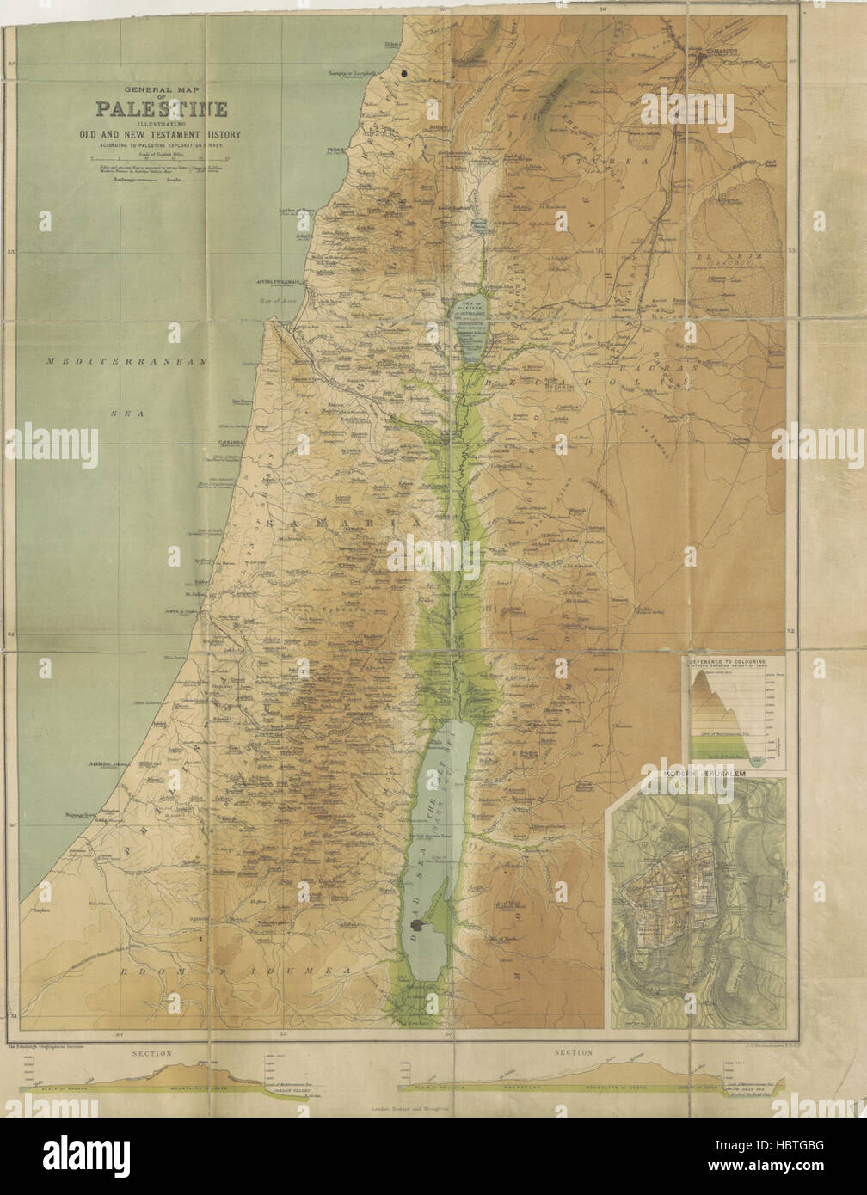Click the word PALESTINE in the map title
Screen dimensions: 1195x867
(162, 109)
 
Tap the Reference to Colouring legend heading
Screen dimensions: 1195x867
(732, 663)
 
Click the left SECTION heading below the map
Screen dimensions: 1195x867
(152, 1053)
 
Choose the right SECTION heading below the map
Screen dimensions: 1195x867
(574, 1052)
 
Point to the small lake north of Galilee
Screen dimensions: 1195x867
(482, 227)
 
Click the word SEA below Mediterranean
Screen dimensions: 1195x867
(128, 414)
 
